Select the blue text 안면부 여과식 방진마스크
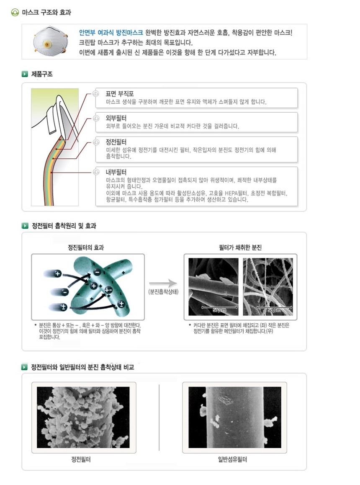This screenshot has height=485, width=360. click(x=111, y=33)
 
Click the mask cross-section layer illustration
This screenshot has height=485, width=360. click(x=55, y=147)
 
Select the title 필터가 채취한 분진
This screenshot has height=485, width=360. click(x=240, y=248)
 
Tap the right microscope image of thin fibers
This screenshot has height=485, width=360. click(x=267, y=286)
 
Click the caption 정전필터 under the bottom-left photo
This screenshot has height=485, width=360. click(x=81, y=459)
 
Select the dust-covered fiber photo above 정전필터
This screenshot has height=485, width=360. click(x=83, y=417)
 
